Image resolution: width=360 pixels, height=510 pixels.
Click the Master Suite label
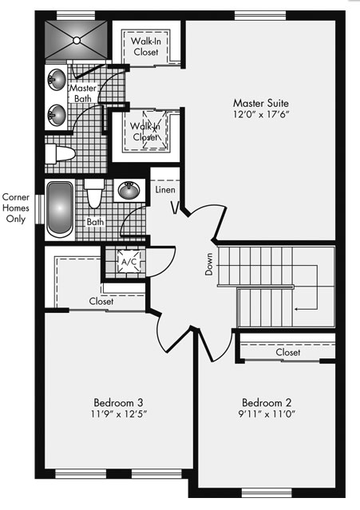coord(261,103)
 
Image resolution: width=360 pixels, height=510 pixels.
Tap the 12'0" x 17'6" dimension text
coord(261,114)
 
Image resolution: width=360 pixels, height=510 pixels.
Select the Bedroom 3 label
coord(118,403)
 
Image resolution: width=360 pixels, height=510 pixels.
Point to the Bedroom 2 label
coord(267,403)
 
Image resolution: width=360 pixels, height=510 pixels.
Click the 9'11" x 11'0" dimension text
coord(267,414)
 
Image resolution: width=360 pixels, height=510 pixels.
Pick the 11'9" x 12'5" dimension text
coord(119,414)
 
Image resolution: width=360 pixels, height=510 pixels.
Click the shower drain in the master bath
coord(77,41)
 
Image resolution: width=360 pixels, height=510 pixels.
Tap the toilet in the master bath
coord(60,153)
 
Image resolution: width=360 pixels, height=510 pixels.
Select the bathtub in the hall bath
coord(60,209)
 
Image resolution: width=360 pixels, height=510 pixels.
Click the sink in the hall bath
coord(129,190)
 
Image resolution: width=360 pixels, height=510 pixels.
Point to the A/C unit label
coord(129,262)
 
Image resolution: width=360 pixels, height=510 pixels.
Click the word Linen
coord(165,190)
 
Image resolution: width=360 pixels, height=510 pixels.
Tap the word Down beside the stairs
coord(209,264)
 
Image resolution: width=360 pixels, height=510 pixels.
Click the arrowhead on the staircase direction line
coord(296,309)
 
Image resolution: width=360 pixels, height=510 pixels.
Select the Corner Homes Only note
coord(16,208)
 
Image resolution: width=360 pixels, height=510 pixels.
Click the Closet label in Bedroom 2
coord(288,352)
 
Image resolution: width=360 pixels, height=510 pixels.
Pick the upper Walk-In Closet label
coord(146,46)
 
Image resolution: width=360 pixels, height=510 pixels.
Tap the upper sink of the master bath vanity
coord(56,80)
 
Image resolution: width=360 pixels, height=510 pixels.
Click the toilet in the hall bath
coord(94,193)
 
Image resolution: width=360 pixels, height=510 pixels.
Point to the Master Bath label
coord(83,93)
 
